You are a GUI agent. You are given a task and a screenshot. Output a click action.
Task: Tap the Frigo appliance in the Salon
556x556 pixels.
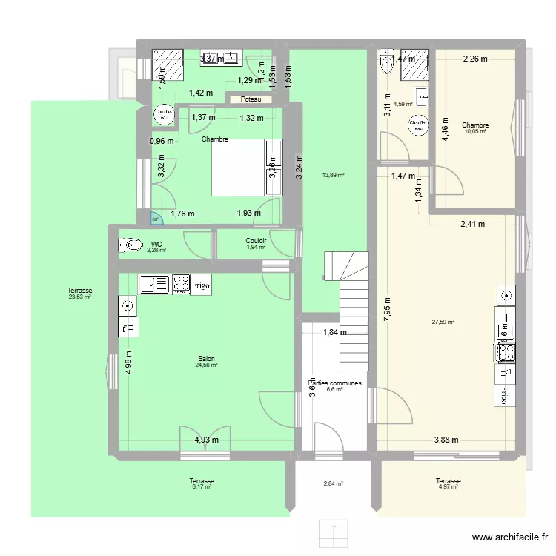coord(202,283)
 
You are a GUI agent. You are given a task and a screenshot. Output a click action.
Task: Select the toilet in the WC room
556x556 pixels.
coord(130,245)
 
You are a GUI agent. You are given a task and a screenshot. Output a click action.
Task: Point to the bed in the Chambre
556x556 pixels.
coord(247,168)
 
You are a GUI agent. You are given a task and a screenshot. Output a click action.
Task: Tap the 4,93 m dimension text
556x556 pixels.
coord(207,440)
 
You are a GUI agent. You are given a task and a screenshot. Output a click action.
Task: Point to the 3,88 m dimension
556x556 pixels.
coord(446,440)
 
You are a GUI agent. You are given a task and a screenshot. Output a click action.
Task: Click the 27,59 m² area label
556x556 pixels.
coord(443,322)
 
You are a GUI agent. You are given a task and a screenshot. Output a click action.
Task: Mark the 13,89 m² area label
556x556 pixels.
coord(332,175)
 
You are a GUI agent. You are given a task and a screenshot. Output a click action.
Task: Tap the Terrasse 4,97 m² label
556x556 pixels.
coord(449,483)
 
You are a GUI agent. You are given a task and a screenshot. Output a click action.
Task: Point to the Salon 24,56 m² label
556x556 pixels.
coord(206,361)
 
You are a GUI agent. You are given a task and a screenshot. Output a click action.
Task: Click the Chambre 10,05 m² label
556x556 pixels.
coord(474,128)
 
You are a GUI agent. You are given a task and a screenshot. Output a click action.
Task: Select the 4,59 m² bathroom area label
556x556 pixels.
coord(403,105)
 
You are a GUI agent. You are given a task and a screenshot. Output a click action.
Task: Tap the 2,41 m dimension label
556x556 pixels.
coord(472,224)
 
